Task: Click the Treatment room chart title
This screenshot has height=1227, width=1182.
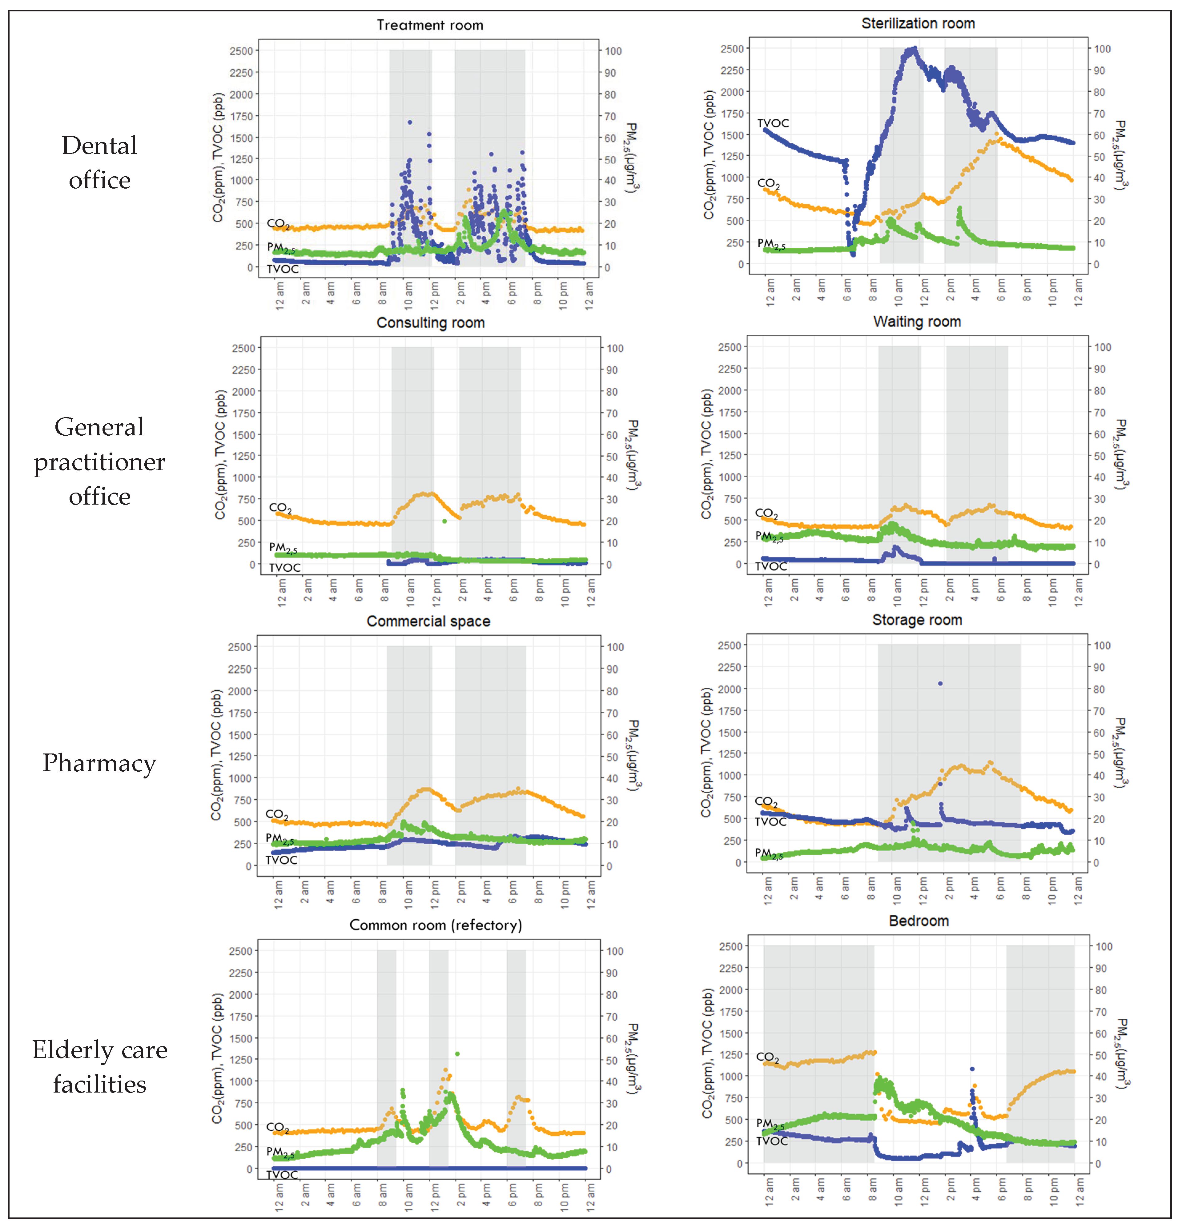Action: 430,25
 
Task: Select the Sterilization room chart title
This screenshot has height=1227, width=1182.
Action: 918,24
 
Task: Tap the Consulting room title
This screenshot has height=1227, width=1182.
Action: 430,323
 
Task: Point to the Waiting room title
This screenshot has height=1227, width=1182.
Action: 917,322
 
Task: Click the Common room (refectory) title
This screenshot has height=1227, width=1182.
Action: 435,925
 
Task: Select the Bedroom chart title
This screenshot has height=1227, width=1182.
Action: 918,921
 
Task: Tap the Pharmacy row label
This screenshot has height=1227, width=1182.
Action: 99,763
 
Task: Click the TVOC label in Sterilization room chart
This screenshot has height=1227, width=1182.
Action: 773,123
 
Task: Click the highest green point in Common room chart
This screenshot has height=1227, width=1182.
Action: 457,1053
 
